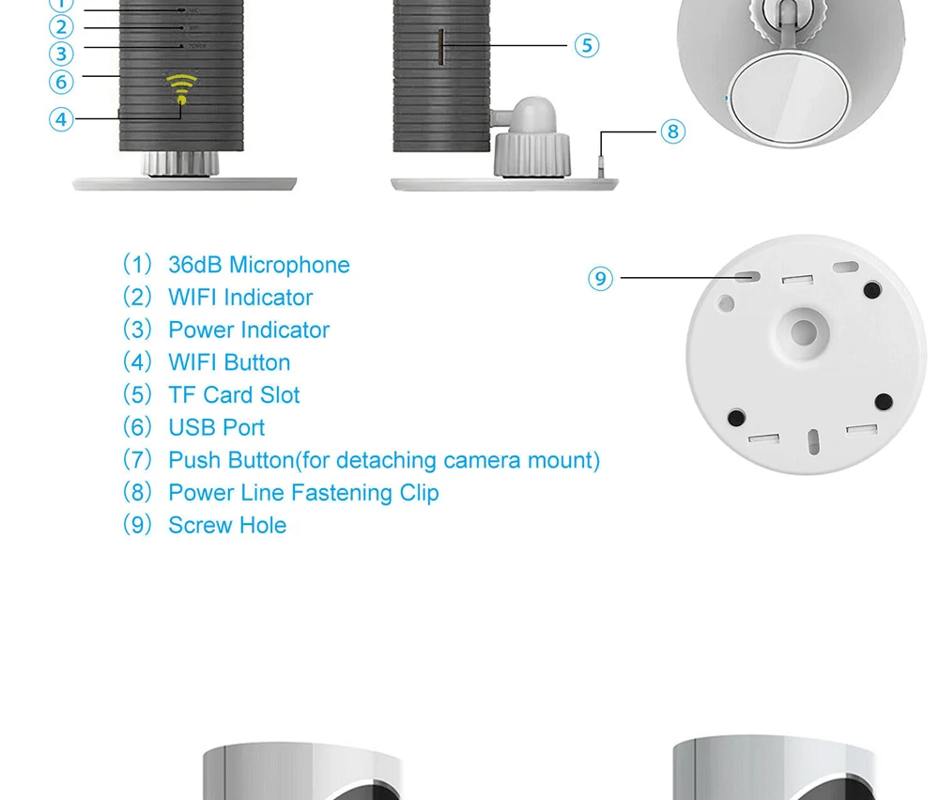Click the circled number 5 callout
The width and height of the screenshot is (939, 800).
(x=587, y=45)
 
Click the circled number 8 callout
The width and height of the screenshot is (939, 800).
(x=672, y=131)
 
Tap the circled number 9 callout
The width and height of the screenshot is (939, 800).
(x=601, y=278)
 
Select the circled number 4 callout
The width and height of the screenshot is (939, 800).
(x=62, y=119)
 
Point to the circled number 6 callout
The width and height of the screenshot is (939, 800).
(x=62, y=82)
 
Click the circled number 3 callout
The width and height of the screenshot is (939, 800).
(x=62, y=54)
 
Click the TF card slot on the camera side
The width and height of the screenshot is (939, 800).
(x=440, y=44)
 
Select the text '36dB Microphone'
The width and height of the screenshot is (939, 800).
(x=258, y=265)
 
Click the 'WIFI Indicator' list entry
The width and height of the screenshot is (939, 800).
(x=239, y=298)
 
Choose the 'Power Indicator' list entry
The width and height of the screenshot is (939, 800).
(x=248, y=331)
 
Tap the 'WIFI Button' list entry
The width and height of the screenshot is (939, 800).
(x=228, y=362)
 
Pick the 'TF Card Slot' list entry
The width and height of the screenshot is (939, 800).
(x=234, y=395)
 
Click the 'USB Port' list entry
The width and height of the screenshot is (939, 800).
(x=216, y=428)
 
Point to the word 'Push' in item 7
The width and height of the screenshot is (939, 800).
(x=191, y=460)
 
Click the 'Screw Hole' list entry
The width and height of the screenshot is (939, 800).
(x=226, y=526)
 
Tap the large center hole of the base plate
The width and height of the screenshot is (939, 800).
(x=804, y=331)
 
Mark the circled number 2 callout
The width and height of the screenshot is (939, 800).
(x=62, y=27)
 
